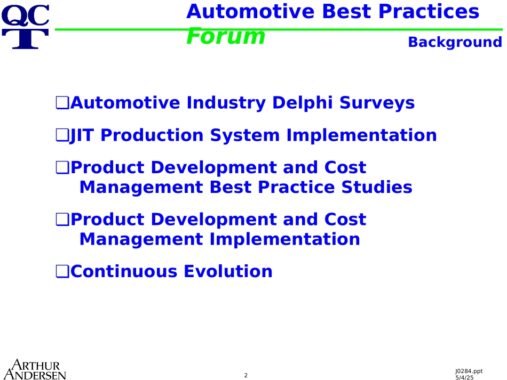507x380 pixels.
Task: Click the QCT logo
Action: pyautogui.click(x=26, y=27)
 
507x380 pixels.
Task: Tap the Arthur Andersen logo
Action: pyautogui.click(x=35, y=369)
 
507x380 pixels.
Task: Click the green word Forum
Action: pyautogui.click(x=226, y=36)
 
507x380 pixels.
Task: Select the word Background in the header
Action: pyautogui.click(x=455, y=42)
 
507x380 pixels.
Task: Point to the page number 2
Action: pyautogui.click(x=245, y=375)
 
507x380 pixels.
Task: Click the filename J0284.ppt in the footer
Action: pyautogui.click(x=469, y=371)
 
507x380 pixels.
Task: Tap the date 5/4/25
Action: pyautogui.click(x=464, y=377)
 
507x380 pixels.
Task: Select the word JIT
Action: pyautogui.click(x=82, y=135)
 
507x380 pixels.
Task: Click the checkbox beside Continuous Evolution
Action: pyautogui.click(x=62, y=271)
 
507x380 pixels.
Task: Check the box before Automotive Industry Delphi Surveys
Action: pyautogui.click(x=62, y=103)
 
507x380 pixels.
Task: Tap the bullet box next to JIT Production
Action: pyautogui.click(x=62, y=135)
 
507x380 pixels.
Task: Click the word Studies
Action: pyautogui.click(x=377, y=187)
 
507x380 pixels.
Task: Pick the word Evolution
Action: pyautogui.click(x=228, y=271)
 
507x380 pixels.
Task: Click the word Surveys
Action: pyautogui.click(x=377, y=103)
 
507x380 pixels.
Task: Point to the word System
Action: pyautogui.click(x=245, y=135)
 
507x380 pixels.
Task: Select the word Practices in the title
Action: pyautogui.click(x=429, y=11)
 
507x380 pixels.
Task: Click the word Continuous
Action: pyautogui.click(x=124, y=271)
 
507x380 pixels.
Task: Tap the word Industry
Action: pyautogui.click(x=226, y=103)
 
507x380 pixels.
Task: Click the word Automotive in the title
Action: pyautogui.click(x=250, y=11)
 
